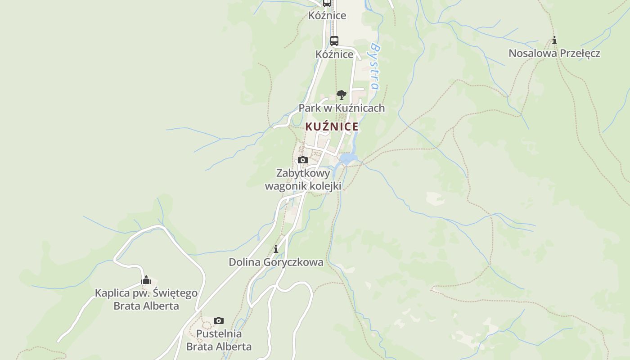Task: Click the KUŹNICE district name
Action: tap(332, 126)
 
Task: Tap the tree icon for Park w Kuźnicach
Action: tap(342, 95)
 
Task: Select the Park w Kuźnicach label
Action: tap(342, 108)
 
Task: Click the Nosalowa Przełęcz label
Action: tap(554, 53)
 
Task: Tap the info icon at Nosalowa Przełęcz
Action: tap(554, 40)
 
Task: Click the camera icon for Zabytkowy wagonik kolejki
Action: tap(303, 160)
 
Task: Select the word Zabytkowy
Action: tap(303, 173)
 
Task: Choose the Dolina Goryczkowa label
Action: tap(276, 262)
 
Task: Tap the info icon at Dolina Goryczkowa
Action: tap(276, 249)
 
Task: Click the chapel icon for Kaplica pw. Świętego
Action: tap(146, 280)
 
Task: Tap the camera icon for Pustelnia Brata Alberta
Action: tap(219, 320)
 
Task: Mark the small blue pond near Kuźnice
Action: tap(348, 158)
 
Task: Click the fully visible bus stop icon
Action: tap(334, 40)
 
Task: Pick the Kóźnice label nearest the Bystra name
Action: tap(334, 54)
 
